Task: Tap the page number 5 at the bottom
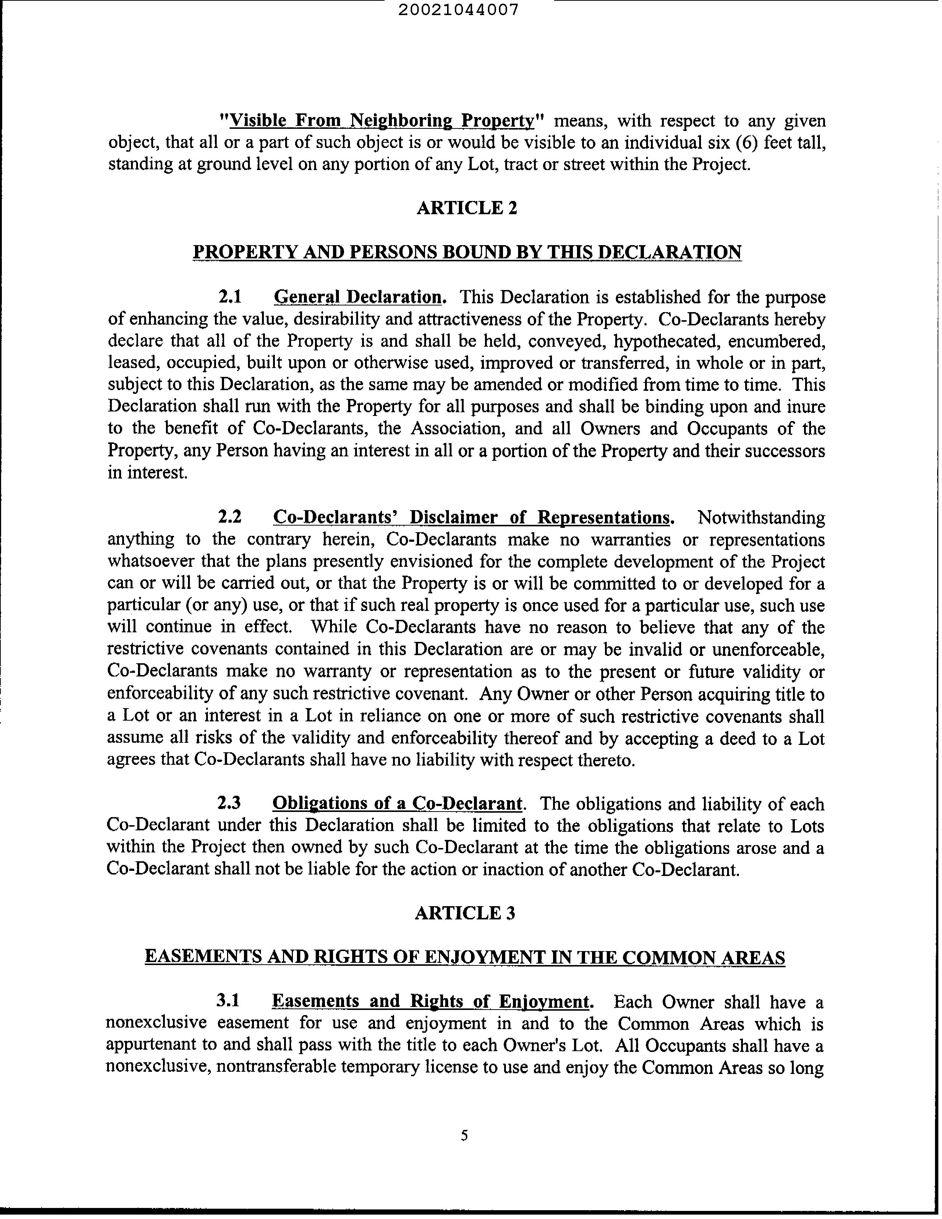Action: (464, 1135)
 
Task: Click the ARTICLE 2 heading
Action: (467, 208)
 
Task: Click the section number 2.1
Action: (229, 297)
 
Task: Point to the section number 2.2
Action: (229, 517)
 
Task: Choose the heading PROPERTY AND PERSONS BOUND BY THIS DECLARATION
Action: (467, 252)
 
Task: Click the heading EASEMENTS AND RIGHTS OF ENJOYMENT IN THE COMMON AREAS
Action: (464, 957)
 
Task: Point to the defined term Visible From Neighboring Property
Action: (382, 121)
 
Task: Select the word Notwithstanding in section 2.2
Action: (761, 517)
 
